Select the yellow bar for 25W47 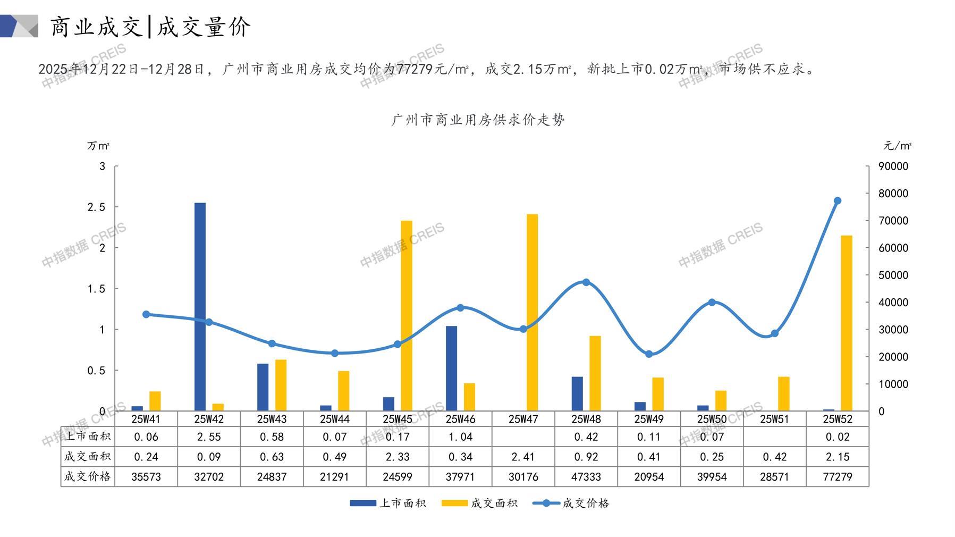[532, 312]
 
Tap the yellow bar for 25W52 [847, 323]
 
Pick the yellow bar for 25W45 [407, 315]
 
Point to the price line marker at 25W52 [838, 201]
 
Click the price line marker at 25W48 [586, 282]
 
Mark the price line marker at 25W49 [649, 354]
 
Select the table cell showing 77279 [837, 477]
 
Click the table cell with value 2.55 [209, 437]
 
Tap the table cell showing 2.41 [523, 457]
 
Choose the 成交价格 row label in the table [88, 476]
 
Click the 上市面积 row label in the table [88, 437]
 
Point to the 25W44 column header [334, 419]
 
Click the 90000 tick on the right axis [893, 166]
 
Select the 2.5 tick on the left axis [96, 207]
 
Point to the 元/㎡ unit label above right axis [897, 146]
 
